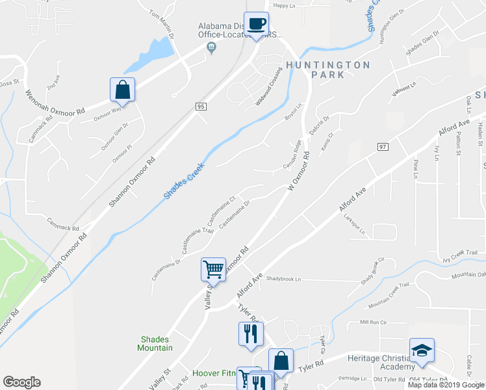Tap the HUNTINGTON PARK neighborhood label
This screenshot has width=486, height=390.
(327, 70)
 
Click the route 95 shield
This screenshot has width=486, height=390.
(201, 105)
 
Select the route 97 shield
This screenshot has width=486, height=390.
(382, 148)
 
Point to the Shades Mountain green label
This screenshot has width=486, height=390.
(155, 343)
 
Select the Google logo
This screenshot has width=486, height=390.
(21, 382)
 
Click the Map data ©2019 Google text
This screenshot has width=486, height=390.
(446, 385)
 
